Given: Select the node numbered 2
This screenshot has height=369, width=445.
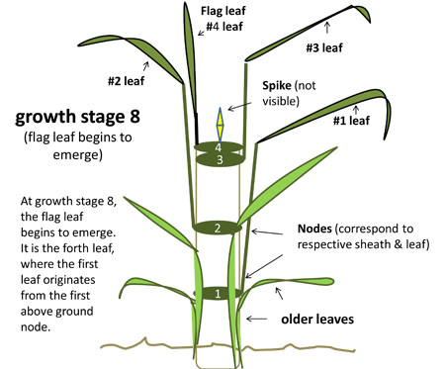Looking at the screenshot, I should click(219, 229).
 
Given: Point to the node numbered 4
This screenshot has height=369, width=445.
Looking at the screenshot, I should click(221, 147).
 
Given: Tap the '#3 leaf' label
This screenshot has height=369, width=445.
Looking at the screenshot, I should click(324, 46).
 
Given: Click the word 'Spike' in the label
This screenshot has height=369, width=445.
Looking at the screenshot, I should click(280, 87).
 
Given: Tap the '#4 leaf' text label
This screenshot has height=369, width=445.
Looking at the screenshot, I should click(223, 28).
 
